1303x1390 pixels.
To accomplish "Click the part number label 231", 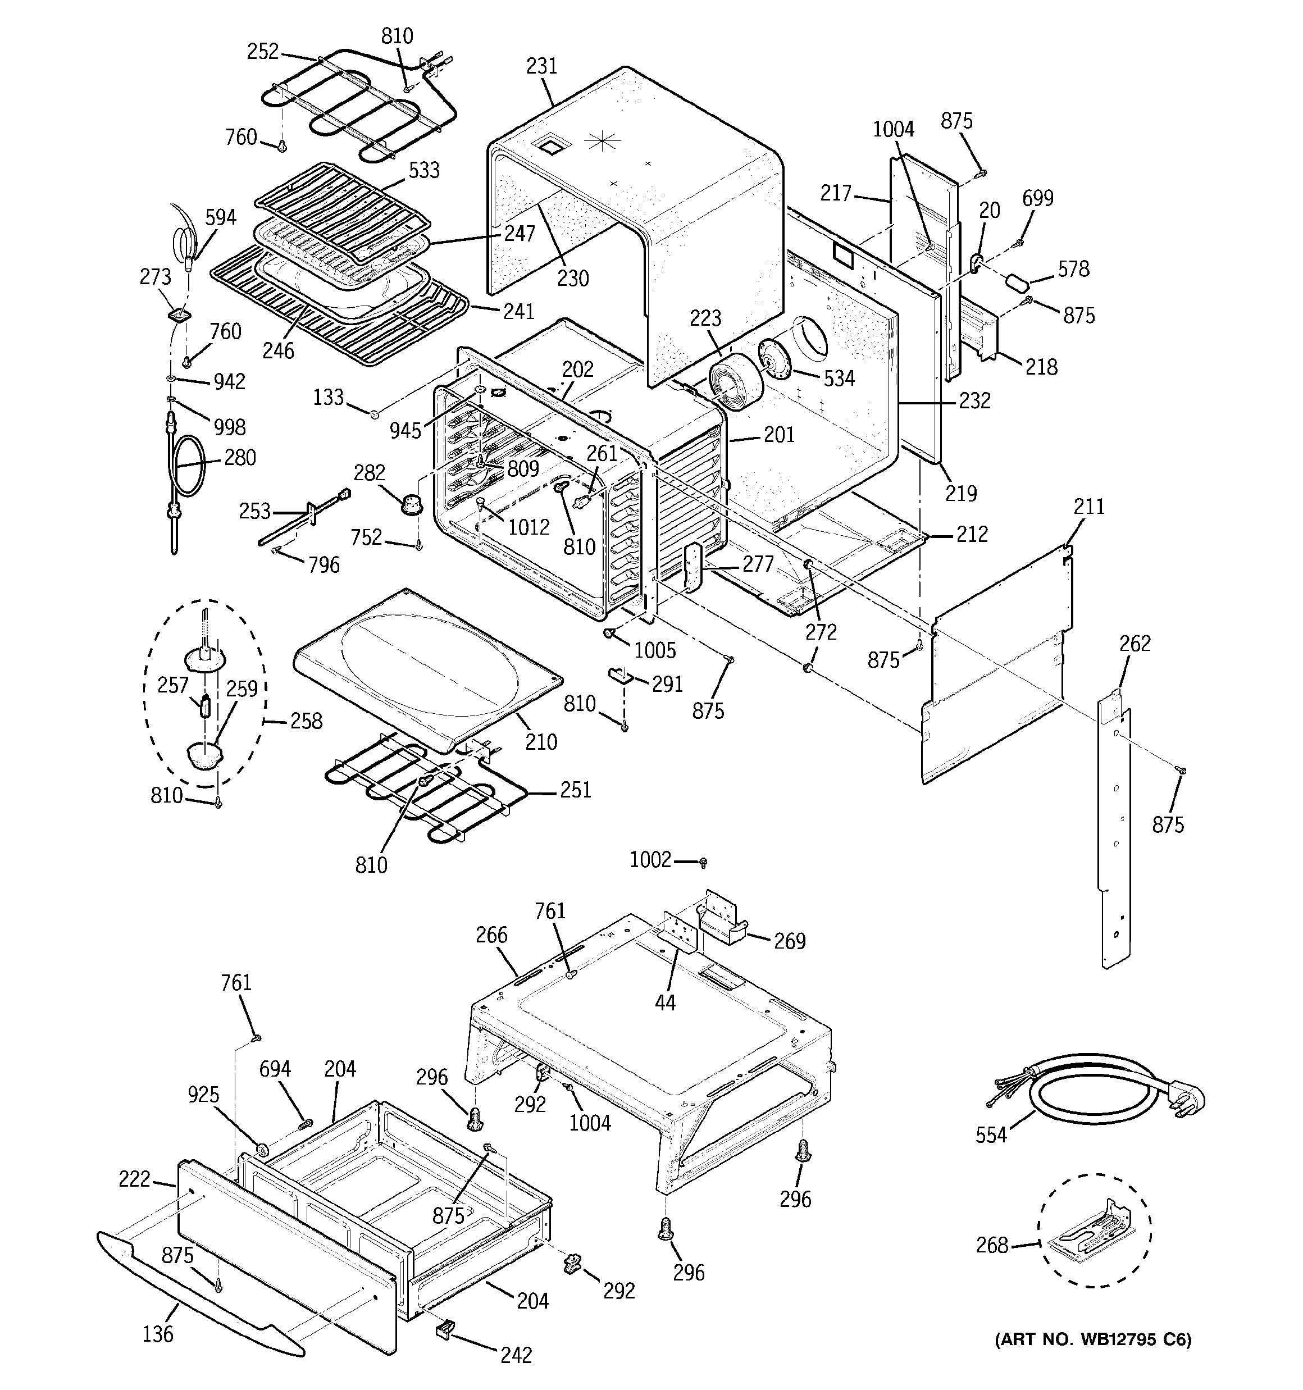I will click(541, 66).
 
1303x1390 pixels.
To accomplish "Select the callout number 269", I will click(790, 941).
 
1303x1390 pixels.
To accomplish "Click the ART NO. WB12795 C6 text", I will click(1093, 1339).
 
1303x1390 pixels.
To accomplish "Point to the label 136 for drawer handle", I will click(157, 1334).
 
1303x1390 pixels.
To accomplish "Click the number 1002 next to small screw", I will click(650, 859).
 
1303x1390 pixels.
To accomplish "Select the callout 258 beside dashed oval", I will click(306, 721).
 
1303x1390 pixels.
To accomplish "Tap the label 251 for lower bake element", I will click(576, 790).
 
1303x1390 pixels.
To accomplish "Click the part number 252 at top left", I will click(263, 52).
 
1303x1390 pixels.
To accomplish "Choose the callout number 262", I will click(1135, 643).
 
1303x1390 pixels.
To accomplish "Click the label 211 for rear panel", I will click(1089, 507).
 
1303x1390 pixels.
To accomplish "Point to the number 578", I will click(1074, 268).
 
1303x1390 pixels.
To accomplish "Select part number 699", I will click(1037, 199).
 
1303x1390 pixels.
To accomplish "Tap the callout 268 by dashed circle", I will click(992, 1245).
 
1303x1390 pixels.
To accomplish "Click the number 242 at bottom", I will click(516, 1355).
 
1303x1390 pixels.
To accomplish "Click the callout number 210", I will click(541, 742).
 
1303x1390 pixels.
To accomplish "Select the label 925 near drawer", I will click(203, 1095).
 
